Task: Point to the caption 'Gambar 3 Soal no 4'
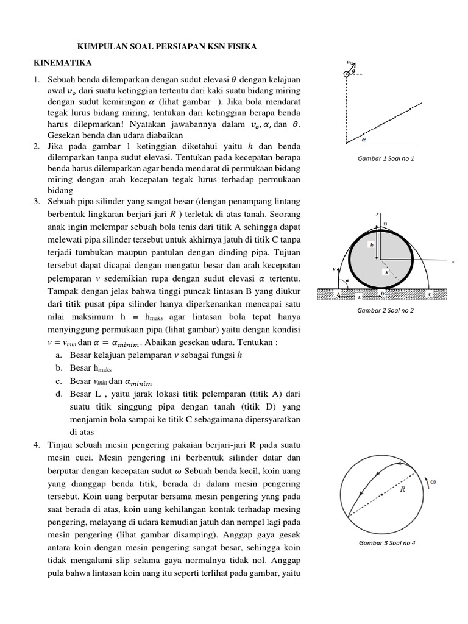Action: (388, 542)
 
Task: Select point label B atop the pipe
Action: (385, 224)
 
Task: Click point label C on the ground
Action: (430, 294)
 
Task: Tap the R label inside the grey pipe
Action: (386, 273)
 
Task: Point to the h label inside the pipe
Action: (371, 243)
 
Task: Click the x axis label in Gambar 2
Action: (453, 262)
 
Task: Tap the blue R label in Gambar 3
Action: (403, 489)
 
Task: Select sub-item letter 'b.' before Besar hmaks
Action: (58, 368)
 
